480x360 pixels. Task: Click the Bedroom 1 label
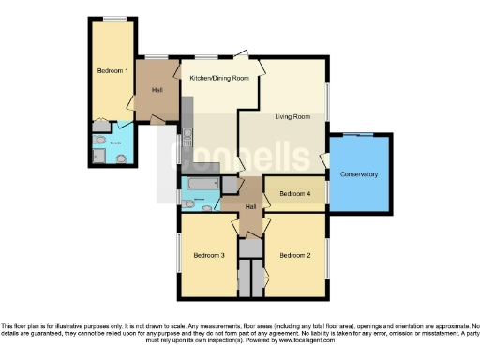pos(112,70)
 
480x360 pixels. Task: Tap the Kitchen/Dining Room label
pos(219,78)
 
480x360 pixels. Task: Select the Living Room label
pos(292,117)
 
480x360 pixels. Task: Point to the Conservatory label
pos(359,174)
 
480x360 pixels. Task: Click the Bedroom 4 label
pos(295,194)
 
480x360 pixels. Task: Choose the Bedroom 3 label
pos(209,254)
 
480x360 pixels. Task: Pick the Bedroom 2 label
pos(294,254)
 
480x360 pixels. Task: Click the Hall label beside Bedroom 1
pos(156,90)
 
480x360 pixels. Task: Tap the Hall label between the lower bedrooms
pos(251,206)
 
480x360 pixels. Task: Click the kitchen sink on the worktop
pos(187,135)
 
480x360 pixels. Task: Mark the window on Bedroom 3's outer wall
pos(179,253)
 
